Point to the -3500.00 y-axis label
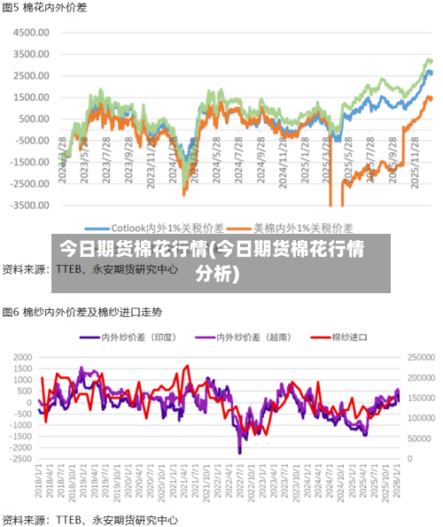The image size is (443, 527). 30,205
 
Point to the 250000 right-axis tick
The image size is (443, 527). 420,357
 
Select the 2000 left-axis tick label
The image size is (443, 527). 21,357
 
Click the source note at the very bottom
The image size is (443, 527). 89,520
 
